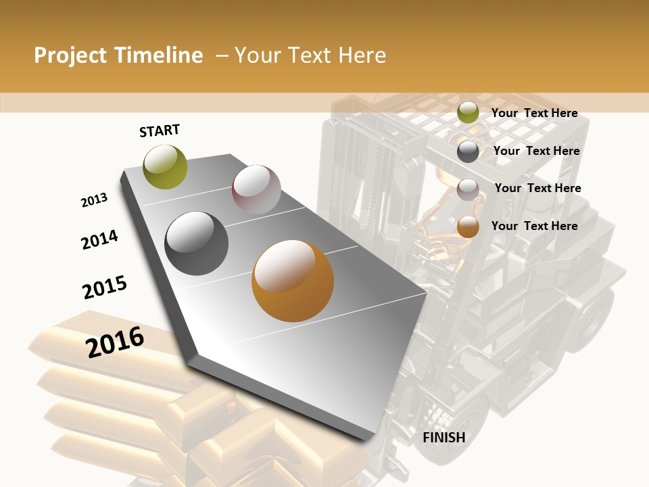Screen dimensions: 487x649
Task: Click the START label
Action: click(x=160, y=131)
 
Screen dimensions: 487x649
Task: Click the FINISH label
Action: click(x=443, y=438)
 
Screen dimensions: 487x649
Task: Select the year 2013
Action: click(x=94, y=200)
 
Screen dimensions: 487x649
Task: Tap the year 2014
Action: click(x=99, y=239)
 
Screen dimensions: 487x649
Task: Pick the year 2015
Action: click(x=105, y=287)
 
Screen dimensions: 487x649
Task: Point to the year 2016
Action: click(x=115, y=342)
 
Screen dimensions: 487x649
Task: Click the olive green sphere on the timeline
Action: click(x=165, y=166)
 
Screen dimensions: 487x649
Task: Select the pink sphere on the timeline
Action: click(x=256, y=189)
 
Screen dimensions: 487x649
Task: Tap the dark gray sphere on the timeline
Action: click(x=197, y=243)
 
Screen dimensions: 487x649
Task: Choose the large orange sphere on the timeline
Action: click(x=293, y=281)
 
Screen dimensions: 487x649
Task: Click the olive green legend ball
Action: click(x=468, y=113)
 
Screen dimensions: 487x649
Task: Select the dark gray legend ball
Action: click(x=468, y=152)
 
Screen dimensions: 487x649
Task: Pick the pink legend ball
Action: click(x=468, y=189)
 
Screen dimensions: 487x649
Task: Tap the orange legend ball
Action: click(x=468, y=227)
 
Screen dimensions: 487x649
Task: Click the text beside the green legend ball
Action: click(x=534, y=113)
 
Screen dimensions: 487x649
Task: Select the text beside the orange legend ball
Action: click(x=534, y=226)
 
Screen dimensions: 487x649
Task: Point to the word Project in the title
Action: click(x=70, y=55)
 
